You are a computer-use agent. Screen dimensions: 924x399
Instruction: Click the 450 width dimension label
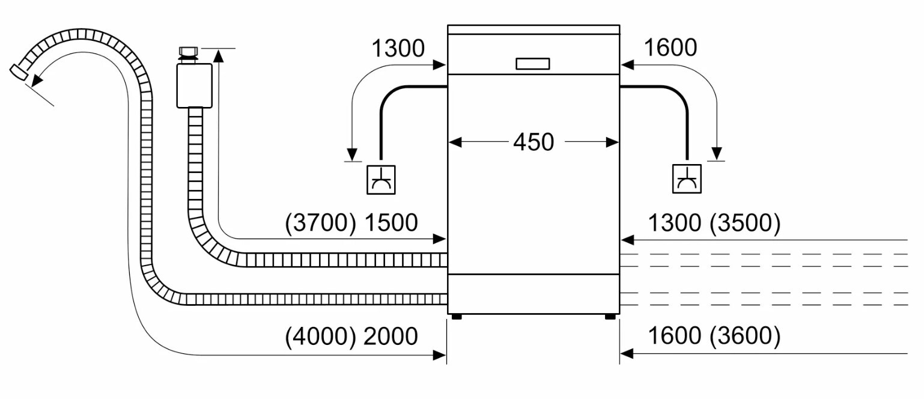pos(533,142)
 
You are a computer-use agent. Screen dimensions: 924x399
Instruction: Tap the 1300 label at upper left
pos(398,48)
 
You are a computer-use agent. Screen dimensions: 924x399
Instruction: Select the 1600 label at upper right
pos(670,47)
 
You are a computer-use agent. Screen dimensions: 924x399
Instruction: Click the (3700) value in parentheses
pos(320,223)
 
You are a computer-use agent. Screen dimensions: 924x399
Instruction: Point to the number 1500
pos(391,223)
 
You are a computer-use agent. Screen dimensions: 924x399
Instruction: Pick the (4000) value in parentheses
pos(320,337)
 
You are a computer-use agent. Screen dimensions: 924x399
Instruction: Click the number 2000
pos(391,337)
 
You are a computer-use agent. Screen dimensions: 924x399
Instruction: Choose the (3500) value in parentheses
pos(745,223)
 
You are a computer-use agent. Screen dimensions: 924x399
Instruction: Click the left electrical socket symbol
pos(381,180)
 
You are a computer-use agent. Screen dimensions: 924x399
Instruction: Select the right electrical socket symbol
pos(687,178)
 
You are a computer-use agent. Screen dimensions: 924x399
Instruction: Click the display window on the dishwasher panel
pos(532,64)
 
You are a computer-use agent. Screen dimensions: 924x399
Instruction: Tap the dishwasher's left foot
pos(457,317)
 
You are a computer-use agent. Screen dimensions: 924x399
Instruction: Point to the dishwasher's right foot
pos(610,317)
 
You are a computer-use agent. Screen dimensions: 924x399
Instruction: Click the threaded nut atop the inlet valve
pos(188,51)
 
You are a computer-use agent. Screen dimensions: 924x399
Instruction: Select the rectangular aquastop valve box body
pos(194,86)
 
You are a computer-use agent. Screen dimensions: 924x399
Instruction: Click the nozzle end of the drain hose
pos(19,72)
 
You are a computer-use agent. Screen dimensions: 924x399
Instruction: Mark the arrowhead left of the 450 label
pos(455,142)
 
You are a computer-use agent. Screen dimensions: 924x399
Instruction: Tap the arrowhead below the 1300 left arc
pos(352,154)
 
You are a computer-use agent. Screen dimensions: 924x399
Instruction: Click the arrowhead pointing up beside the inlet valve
pos(219,56)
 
